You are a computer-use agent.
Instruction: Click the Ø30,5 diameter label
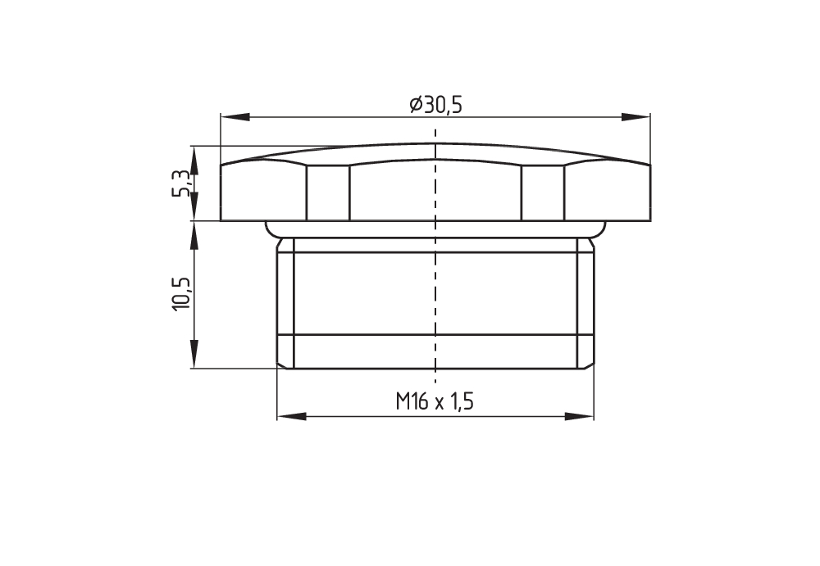(436, 105)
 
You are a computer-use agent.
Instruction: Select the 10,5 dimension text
(180, 294)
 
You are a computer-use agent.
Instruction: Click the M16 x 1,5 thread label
(435, 402)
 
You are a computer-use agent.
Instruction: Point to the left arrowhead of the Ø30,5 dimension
(235, 117)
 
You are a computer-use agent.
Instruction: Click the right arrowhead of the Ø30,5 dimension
(636, 117)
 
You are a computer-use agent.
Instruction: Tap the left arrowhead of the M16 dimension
(291, 417)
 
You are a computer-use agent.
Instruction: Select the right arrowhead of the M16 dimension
(580, 417)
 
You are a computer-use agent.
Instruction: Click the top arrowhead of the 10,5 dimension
(194, 236)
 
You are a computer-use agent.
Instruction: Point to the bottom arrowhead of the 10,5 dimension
(194, 354)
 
